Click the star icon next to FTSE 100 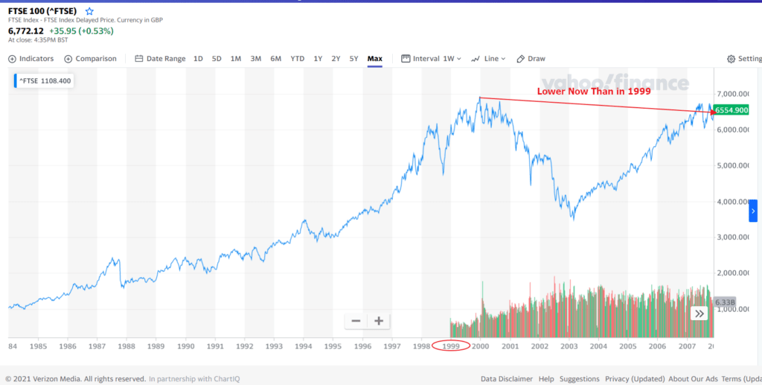pos(90,12)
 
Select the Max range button pos(374,59)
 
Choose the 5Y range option pos(354,59)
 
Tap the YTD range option pos(297,59)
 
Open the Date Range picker pos(160,59)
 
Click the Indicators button pos(31,59)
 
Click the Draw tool pos(531,59)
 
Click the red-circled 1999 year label pos(450,346)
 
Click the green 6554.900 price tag pos(731,110)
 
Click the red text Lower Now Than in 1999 pos(594,92)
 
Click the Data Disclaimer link pos(507,378)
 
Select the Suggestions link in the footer pos(580,378)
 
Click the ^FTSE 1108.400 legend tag pos(45,80)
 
